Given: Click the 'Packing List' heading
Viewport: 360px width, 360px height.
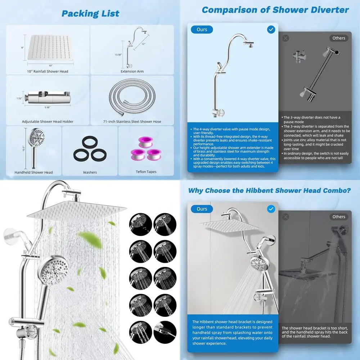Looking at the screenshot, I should [x=90, y=14].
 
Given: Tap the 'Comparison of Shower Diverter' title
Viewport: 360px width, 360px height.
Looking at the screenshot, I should [x=275, y=10].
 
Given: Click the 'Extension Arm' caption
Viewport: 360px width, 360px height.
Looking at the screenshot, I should [x=132, y=71].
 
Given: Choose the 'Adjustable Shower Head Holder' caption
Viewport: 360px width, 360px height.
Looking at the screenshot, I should [x=48, y=122].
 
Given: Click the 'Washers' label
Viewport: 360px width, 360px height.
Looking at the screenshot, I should [x=90, y=172].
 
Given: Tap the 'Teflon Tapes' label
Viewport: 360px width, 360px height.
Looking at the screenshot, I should [x=146, y=172].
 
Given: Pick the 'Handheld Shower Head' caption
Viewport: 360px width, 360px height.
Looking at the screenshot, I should [x=34, y=172].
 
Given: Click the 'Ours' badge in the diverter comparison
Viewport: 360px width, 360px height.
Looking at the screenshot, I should [x=202, y=30].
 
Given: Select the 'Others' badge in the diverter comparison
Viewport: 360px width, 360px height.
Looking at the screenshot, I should [x=339, y=38].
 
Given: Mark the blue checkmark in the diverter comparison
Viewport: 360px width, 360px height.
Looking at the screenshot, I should [x=271, y=30].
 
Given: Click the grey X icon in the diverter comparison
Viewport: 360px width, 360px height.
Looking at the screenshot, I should [x=285, y=38].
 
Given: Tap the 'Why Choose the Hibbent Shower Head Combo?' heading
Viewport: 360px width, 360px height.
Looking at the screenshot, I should [x=270, y=191].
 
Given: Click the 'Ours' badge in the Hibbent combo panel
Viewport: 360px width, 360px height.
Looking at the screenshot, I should [x=202, y=209].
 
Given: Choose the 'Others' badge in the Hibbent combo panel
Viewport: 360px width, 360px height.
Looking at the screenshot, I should [x=339, y=217].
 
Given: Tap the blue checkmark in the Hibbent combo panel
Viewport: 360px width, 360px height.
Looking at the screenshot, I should [x=271, y=209].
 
